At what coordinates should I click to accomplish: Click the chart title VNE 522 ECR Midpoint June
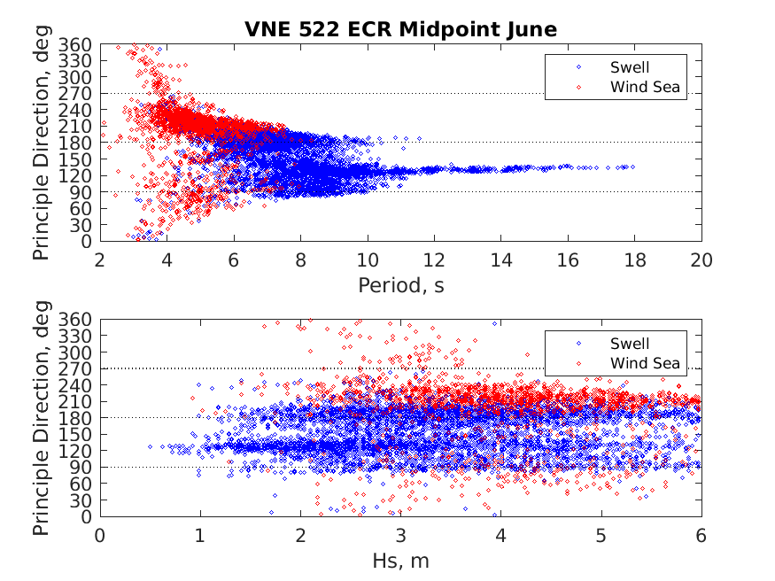click(x=400, y=29)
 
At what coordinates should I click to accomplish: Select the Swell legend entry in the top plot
click(x=629, y=67)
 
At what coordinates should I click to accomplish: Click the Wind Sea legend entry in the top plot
click(x=643, y=87)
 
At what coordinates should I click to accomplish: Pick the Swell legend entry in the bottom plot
click(x=629, y=344)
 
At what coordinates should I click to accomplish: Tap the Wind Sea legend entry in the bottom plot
click(x=643, y=363)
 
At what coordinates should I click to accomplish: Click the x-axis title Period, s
click(x=400, y=285)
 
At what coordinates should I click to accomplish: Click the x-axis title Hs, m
click(x=400, y=561)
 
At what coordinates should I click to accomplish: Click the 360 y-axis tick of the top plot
click(x=76, y=44)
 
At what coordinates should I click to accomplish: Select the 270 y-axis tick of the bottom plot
click(x=76, y=368)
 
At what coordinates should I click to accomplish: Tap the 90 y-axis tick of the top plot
click(x=80, y=192)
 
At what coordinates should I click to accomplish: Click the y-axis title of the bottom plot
click(x=42, y=418)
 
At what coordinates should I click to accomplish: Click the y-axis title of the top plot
click(x=42, y=143)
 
